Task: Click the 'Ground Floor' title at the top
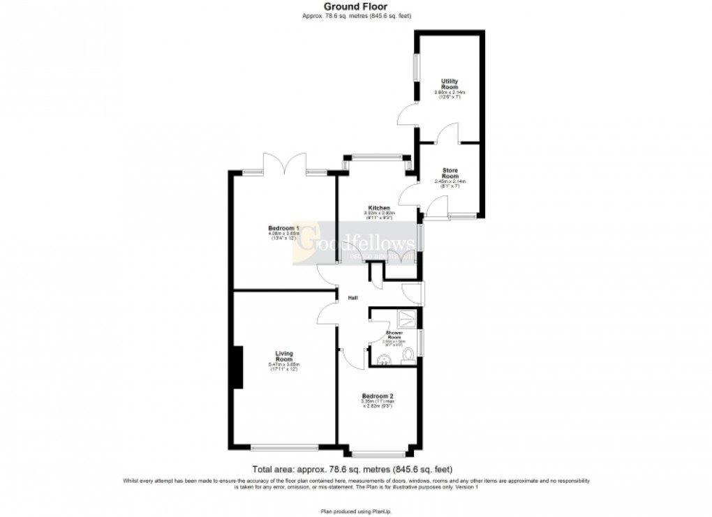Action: point(356,7)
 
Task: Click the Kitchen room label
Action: point(379,208)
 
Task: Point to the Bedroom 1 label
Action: point(283,228)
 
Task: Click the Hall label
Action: point(353,299)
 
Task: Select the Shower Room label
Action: point(395,336)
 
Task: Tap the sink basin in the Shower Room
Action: point(382,359)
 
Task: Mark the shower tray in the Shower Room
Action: point(406,320)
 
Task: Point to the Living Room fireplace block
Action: point(237,367)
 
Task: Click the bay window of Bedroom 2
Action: point(378,454)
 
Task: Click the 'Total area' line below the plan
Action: point(356,470)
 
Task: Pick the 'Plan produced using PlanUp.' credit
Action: point(356,511)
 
